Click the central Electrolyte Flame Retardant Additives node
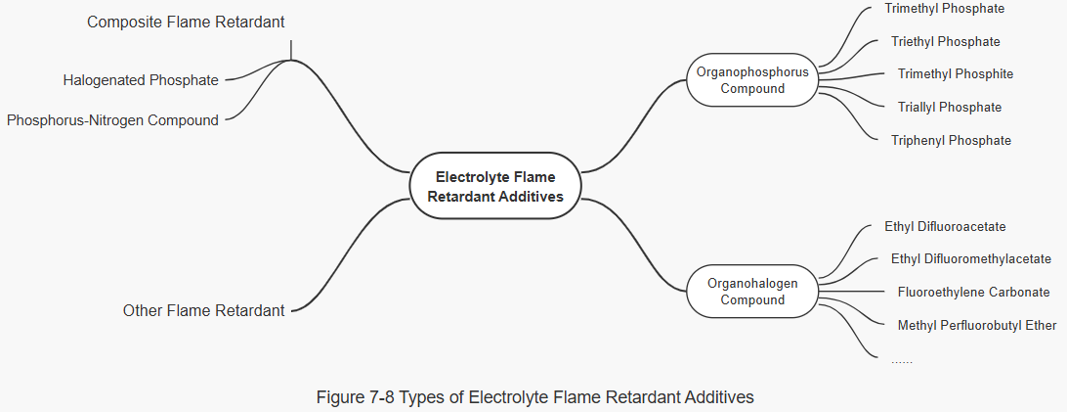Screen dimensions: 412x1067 (x=494, y=187)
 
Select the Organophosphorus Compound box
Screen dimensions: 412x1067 (x=752, y=80)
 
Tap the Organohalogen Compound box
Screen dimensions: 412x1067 (x=752, y=292)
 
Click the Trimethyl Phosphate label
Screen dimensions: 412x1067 (x=944, y=8)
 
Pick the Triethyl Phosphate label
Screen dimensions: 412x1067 (x=945, y=41)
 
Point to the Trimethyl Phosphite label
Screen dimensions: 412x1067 (x=955, y=73)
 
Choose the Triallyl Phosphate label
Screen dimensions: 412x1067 (x=949, y=107)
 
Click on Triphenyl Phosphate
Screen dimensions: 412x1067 (x=951, y=140)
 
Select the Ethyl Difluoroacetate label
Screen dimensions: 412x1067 (x=945, y=226)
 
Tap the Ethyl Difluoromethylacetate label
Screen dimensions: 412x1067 (x=971, y=258)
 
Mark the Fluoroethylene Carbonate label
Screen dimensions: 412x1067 (x=973, y=292)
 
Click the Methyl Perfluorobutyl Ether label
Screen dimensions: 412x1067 (x=976, y=325)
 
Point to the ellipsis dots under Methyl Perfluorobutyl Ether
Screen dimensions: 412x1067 (x=901, y=359)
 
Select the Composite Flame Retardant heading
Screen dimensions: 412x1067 (x=186, y=22)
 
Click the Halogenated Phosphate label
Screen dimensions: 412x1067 (x=141, y=80)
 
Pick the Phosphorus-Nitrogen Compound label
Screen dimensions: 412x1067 (x=112, y=120)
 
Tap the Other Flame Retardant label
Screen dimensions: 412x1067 (x=203, y=310)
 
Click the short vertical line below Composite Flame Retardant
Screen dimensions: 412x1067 (x=291, y=49)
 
